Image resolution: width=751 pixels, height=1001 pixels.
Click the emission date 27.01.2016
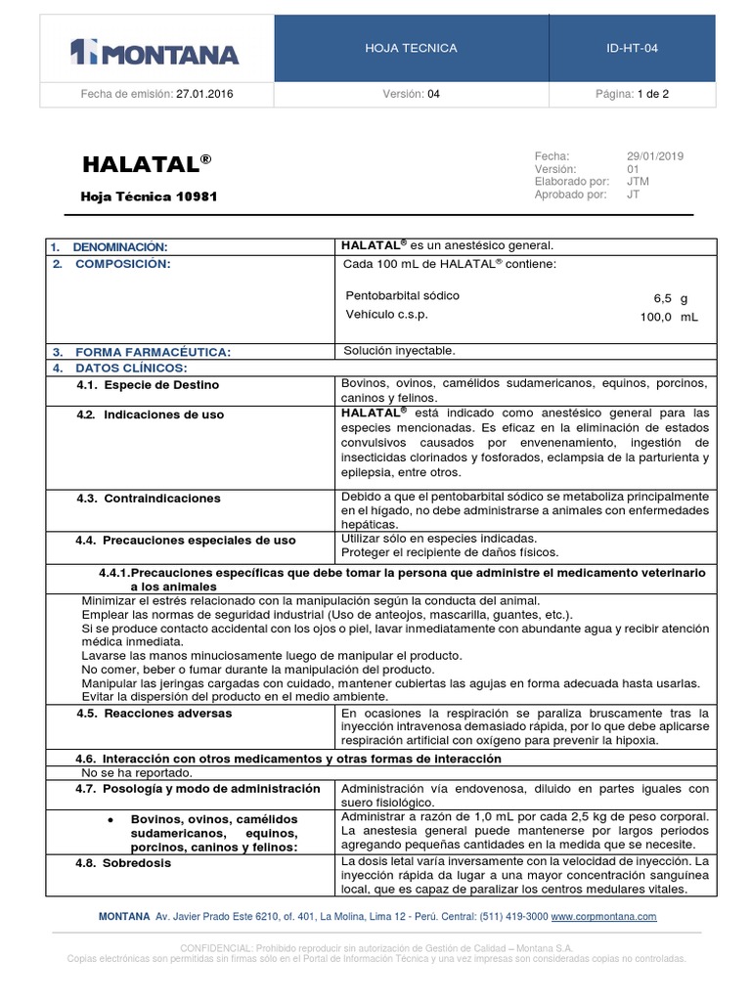pyautogui.click(x=204, y=95)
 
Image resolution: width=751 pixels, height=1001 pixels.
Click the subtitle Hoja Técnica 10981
pyautogui.click(x=149, y=196)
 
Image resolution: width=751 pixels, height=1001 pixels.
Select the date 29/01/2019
pyautogui.click(x=655, y=156)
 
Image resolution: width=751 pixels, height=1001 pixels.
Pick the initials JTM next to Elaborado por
pyautogui.click(x=638, y=181)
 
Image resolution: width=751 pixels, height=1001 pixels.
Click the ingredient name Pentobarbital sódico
pyautogui.click(x=402, y=295)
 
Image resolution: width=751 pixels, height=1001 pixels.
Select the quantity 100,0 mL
pyautogui.click(x=669, y=318)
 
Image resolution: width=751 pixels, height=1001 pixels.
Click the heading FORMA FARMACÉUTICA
pyautogui.click(x=154, y=352)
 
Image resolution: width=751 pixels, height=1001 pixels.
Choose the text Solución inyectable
pyautogui.click(x=399, y=350)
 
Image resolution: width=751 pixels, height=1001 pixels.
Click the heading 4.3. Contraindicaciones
pyautogui.click(x=149, y=499)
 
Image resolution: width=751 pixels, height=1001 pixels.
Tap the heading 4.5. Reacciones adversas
pyautogui.click(x=155, y=714)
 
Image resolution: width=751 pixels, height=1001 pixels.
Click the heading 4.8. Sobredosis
pyautogui.click(x=123, y=864)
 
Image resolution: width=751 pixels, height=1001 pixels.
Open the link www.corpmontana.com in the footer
pyautogui.click(x=603, y=917)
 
